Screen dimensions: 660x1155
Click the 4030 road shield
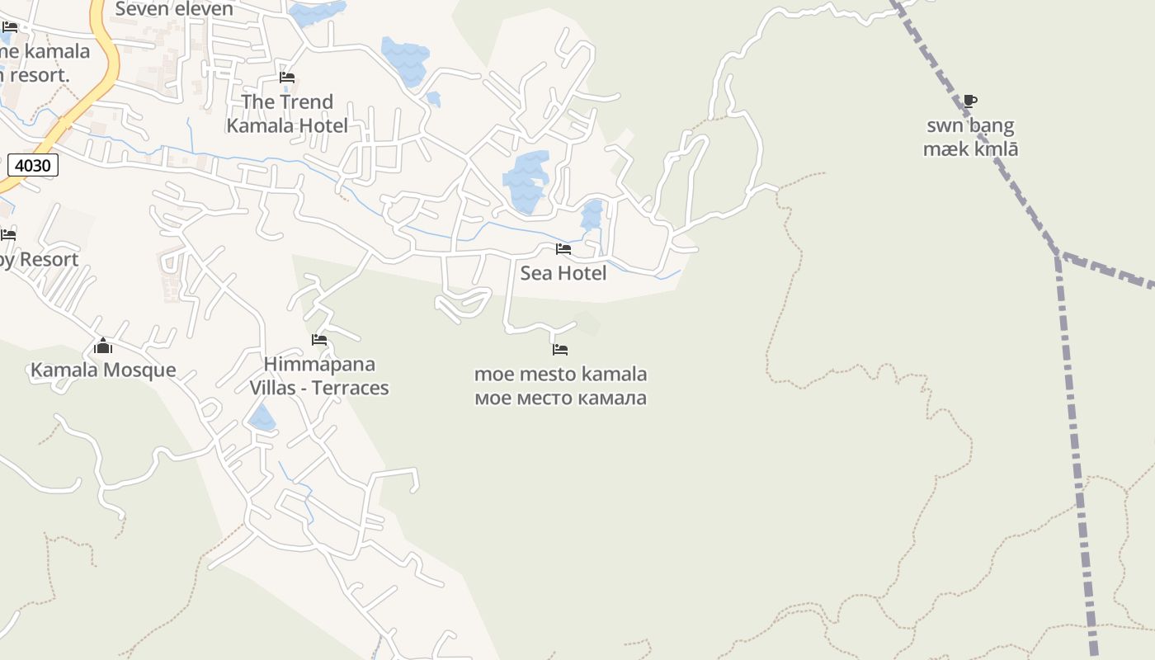[33, 165]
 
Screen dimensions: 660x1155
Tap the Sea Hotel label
[563, 273]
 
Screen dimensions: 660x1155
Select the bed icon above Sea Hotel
[563, 248]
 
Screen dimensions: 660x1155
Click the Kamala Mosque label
[103, 370]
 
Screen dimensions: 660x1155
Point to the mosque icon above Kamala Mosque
[103, 346]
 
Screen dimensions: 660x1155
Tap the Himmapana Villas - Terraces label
[319, 376]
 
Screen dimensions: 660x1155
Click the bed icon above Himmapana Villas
[319, 340]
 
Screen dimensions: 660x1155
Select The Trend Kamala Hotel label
[287, 114]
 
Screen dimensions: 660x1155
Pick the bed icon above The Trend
[287, 78]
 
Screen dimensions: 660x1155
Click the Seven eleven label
[174, 9]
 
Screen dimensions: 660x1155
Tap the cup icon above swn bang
[970, 101]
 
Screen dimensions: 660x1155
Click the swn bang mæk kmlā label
[970, 138]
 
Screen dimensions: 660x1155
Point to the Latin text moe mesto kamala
[560, 375]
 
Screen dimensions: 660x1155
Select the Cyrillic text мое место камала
[560, 398]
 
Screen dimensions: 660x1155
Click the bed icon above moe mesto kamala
[560, 350]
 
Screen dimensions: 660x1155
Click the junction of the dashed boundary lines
[1057, 255]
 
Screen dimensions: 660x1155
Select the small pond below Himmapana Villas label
[262, 418]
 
